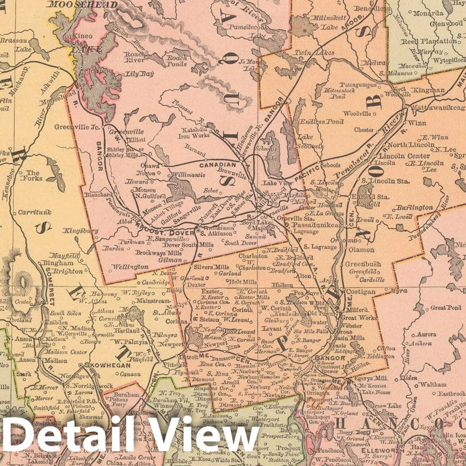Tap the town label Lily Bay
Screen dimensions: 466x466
click(139, 74)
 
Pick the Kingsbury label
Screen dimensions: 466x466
click(80, 231)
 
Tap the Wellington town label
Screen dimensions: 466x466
click(130, 266)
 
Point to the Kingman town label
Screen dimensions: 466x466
click(429, 90)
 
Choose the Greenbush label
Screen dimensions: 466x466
click(362, 263)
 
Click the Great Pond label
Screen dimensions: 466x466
click(445, 307)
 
